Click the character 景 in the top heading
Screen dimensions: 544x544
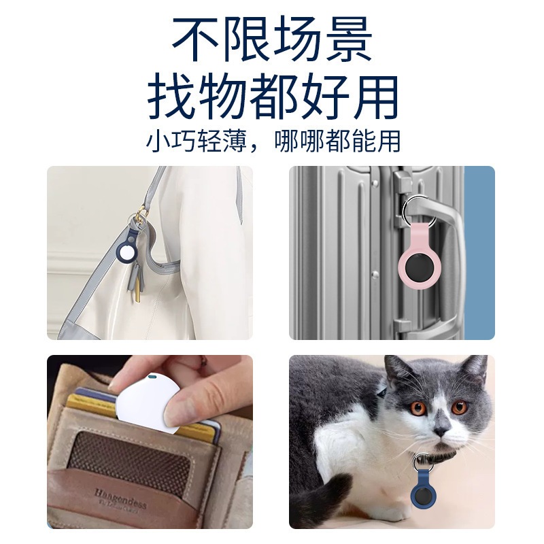tap(347, 39)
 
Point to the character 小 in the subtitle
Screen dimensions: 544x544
tap(158, 141)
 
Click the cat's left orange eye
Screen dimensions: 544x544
tap(418, 409)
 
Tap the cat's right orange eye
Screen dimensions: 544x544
tap(460, 407)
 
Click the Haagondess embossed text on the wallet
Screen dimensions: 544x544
tap(120, 499)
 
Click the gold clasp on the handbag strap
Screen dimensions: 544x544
tap(141, 214)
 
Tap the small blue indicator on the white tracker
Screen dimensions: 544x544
tap(152, 377)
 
